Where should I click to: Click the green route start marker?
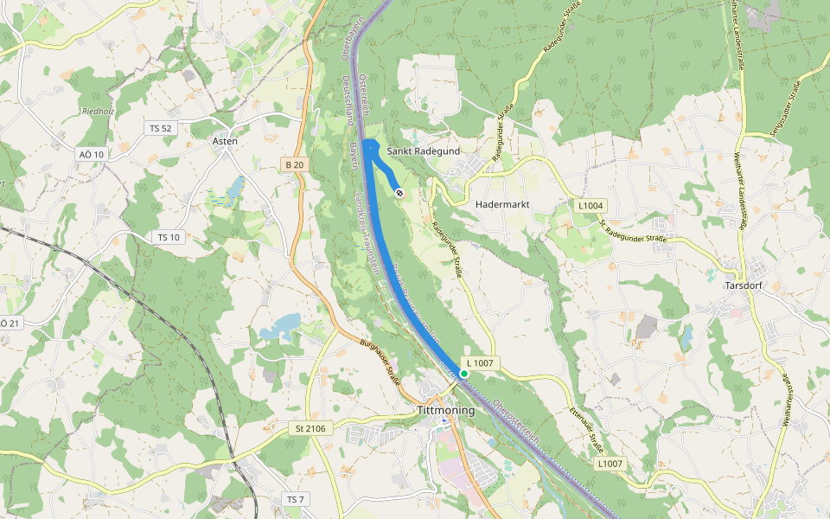click(x=464, y=374)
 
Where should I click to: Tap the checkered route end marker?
click(x=399, y=193)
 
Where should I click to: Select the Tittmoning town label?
click(x=445, y=410)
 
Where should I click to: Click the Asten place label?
click(x=225, y=140)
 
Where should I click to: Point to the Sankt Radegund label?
click(x=423, y=151)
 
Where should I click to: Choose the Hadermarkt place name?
click(x=502, y=205)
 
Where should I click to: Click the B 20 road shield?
click(x=294, y=163)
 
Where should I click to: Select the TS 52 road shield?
click(x=161, y=128)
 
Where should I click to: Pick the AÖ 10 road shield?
click(x=91, y=154)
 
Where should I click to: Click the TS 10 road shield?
click(x=168, y=237)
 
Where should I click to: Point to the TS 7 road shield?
click(x=296, y=500)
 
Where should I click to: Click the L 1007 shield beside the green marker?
click(x=479, y=363)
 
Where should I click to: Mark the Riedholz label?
click(x=98, y=112)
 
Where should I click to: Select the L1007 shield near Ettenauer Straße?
click(x=610, y=464)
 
